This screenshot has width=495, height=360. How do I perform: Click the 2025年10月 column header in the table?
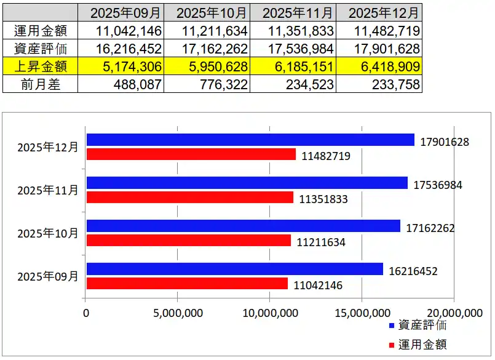[x=207, y=12]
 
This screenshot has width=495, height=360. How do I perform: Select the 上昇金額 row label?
[x=41, y=66]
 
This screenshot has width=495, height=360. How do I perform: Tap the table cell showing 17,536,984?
[x=294, y=48]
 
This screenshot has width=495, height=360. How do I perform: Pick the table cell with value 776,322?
[x=207, y=84]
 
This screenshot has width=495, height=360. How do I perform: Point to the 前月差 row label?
[x=41, y=84]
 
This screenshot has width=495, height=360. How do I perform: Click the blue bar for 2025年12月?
[x=250, y=140]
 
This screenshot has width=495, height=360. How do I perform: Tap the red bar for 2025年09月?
[x=187, y=284]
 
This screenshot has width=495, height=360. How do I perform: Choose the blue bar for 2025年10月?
[x=244, y=226]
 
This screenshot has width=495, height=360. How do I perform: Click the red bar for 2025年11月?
[x=190, y=198]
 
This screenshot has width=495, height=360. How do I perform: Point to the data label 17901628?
[x=445, y=142]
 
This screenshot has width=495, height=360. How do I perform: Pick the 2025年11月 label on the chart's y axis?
[x=48, y=191]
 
